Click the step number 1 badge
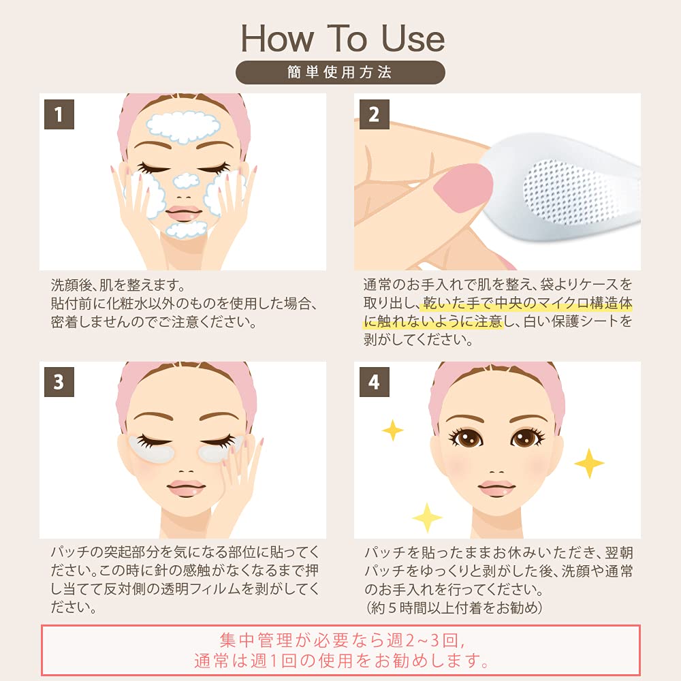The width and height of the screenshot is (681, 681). (59, 114)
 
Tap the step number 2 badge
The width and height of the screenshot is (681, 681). (374, 114)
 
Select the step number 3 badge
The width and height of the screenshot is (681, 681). (59, 382)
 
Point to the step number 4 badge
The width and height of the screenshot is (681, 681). (374, 382)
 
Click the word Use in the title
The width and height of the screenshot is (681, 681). (413, 38)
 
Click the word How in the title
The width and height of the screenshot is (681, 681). (277, 38)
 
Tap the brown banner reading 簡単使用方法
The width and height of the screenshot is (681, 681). (340, 72)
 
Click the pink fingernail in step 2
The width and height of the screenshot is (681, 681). (463, 188)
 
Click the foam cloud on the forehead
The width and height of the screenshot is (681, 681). (183, 127)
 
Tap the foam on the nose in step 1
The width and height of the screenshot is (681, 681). (187, 180)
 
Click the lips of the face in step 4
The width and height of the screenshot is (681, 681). (497, 488)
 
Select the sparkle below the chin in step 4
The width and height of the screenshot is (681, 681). (427, 518)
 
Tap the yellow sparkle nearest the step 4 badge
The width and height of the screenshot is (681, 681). (393, 430)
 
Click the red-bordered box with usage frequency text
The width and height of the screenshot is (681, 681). (340, 650)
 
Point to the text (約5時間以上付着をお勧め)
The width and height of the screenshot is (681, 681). (454, 607)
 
